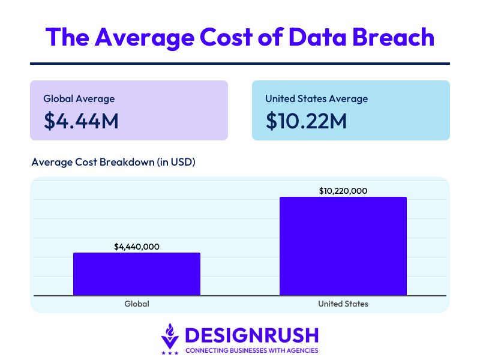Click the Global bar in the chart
(137, 274)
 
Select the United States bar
(343, 246)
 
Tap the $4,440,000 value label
(137, 247)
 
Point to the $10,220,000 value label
(343, 191)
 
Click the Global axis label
(137, 304)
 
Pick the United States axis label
(343, 304)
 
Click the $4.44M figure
(81, 121)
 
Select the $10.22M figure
(306, 121)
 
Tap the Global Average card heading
(79, 98)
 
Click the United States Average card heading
(317, 98)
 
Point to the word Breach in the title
(394, 37)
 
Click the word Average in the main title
(145, 38)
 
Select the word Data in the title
(317, 37)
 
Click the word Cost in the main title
(226, 37)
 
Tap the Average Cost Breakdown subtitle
(113, 162)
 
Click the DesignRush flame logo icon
(170, 336)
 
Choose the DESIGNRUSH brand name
(252, 335)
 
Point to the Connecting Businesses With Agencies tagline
(252, 350)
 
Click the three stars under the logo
(170, 353)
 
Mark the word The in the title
(67, 37)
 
